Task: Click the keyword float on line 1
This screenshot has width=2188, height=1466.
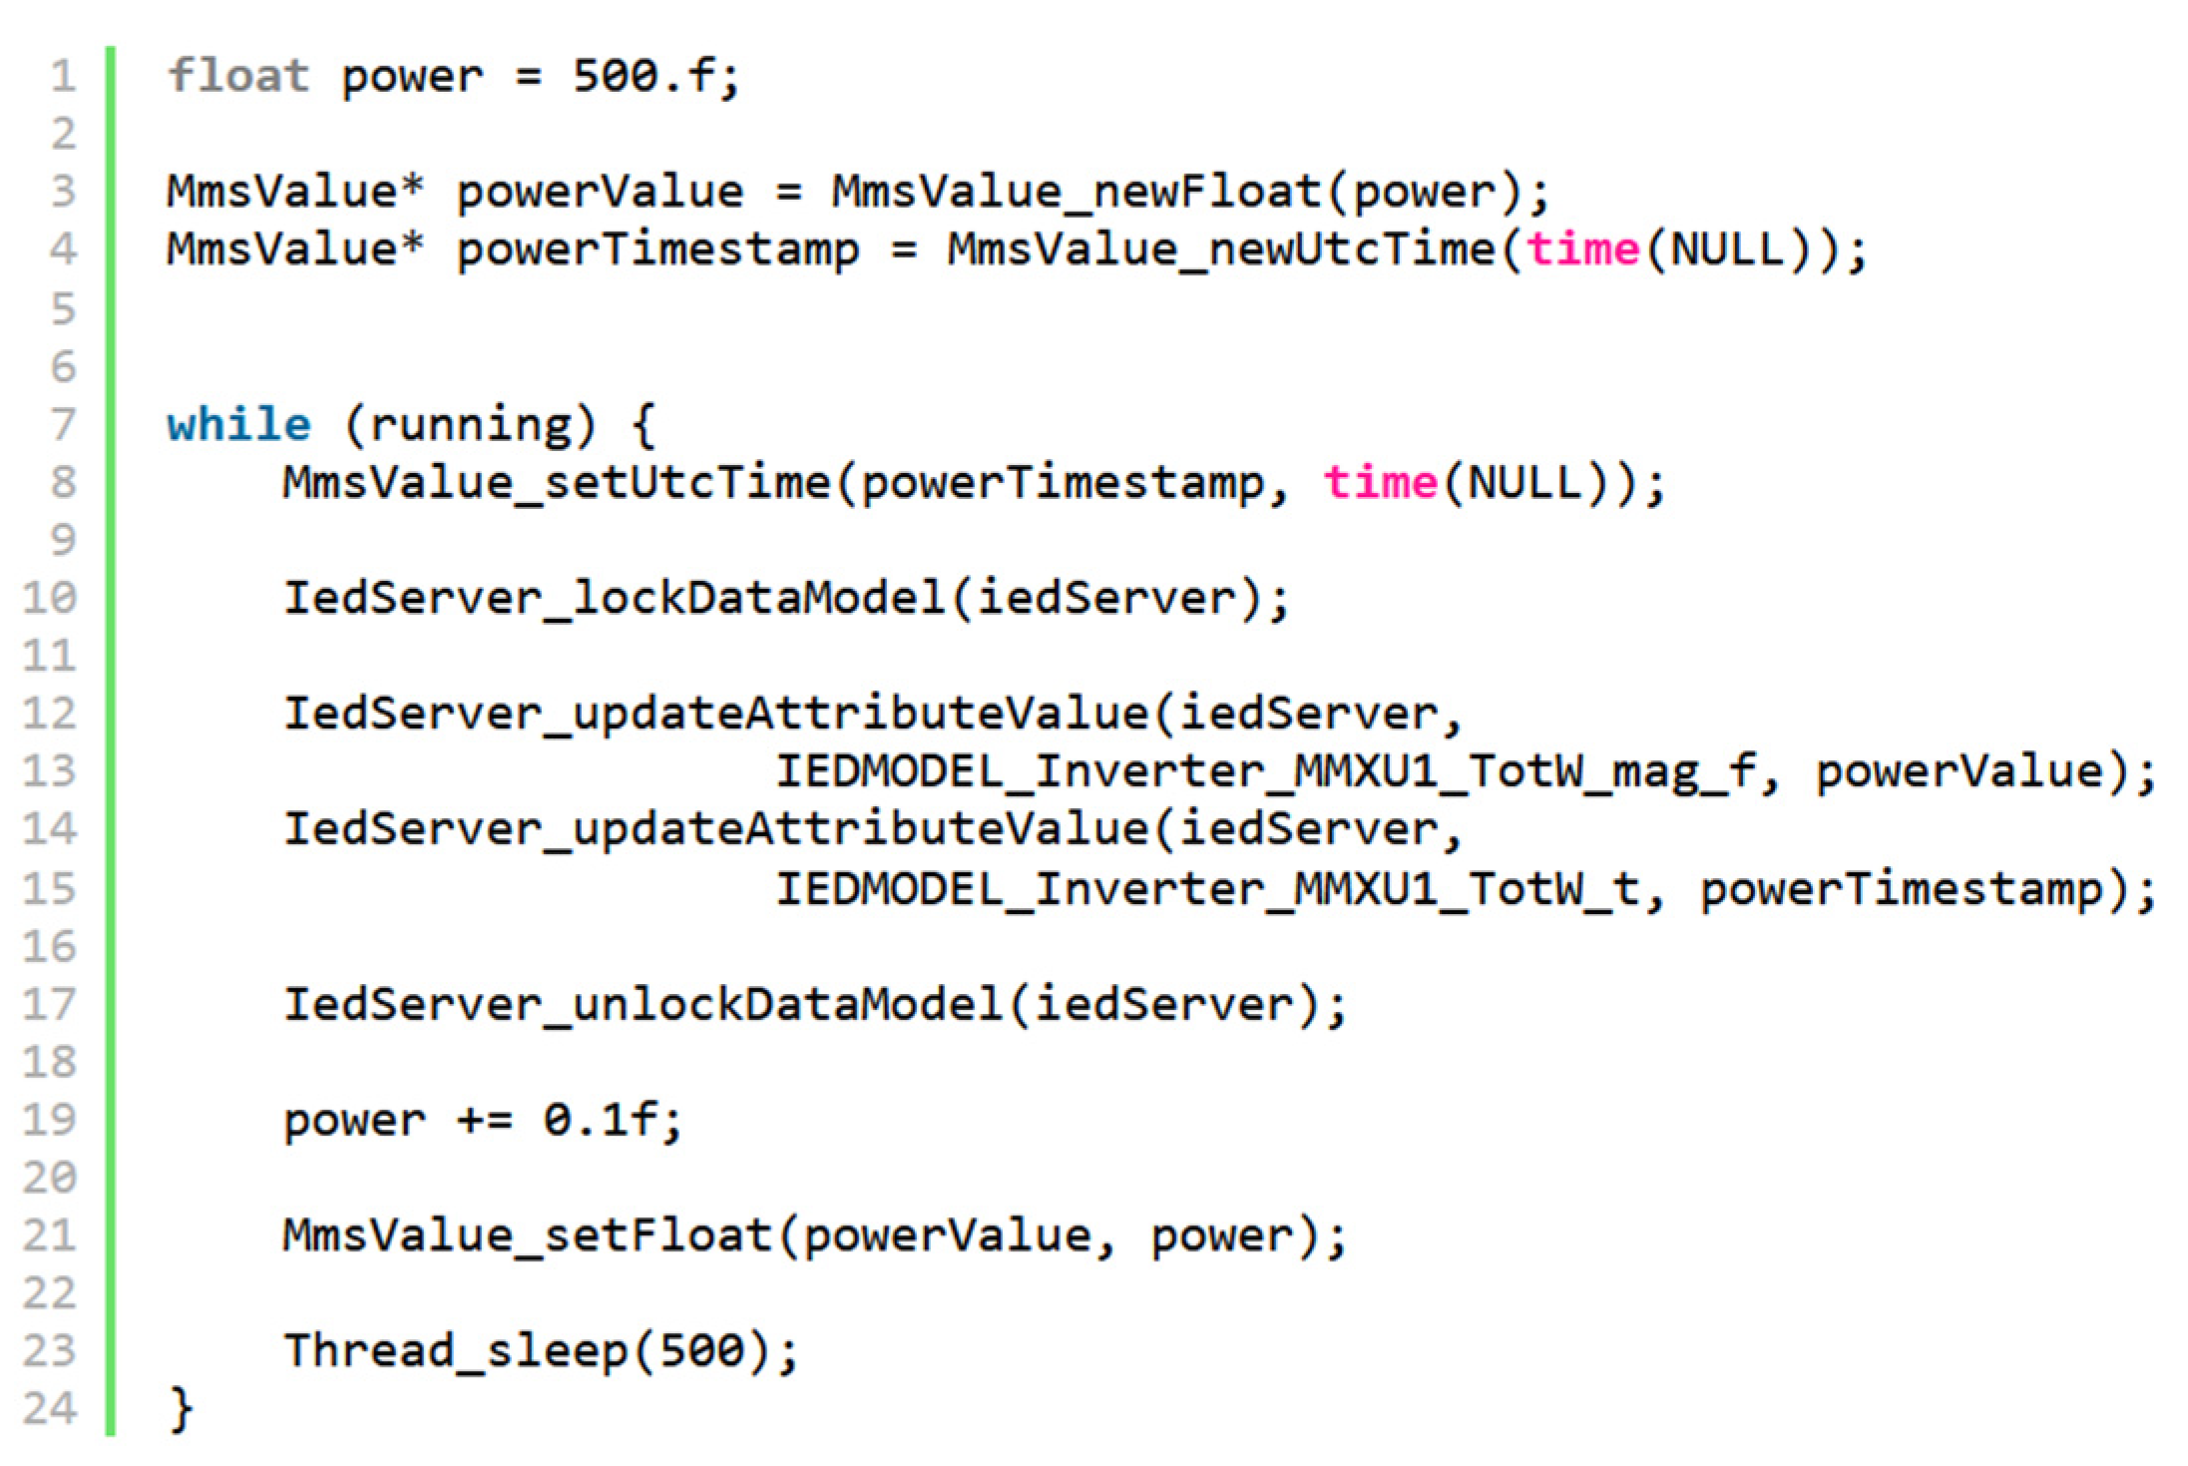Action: pyautogui.click(x=237, y=76)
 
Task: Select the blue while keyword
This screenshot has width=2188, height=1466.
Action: pyautogui.click(x=238, y=424)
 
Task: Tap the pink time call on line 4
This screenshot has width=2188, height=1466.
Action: pyautogui.click(x=1582, y=248)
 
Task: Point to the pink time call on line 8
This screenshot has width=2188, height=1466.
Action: pyautogui.click(x=1380, y=483)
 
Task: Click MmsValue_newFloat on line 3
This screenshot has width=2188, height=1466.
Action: pyautogui.click(x=1077, y=192)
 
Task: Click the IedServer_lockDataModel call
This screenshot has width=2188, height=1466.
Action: pyautogui.click(x=614, y=598)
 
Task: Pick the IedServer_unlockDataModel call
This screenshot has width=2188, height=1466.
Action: pyautogui.click(x=643, y=1004)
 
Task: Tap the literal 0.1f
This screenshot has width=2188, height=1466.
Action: pyautogui.click(x=600, y=1120)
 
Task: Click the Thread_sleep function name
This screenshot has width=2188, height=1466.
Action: pyautogui.click(x=455, y=1351)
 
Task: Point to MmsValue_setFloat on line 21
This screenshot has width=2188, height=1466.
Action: pyautogui.click(x=527, y=1235)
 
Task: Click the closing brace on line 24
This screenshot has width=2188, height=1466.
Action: pyautogui.click(x=181, y=1408)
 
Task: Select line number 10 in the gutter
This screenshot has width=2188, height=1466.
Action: pyautogui.click(x=50, y=598)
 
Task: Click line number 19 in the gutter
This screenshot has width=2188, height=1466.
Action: pyautogui.click(x=50, y=1120)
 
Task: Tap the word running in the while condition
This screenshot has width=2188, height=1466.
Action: pyautogui.click(x=470, y=425)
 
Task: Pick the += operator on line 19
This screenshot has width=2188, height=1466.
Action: pyautogui.click(x=484, y=1120)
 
